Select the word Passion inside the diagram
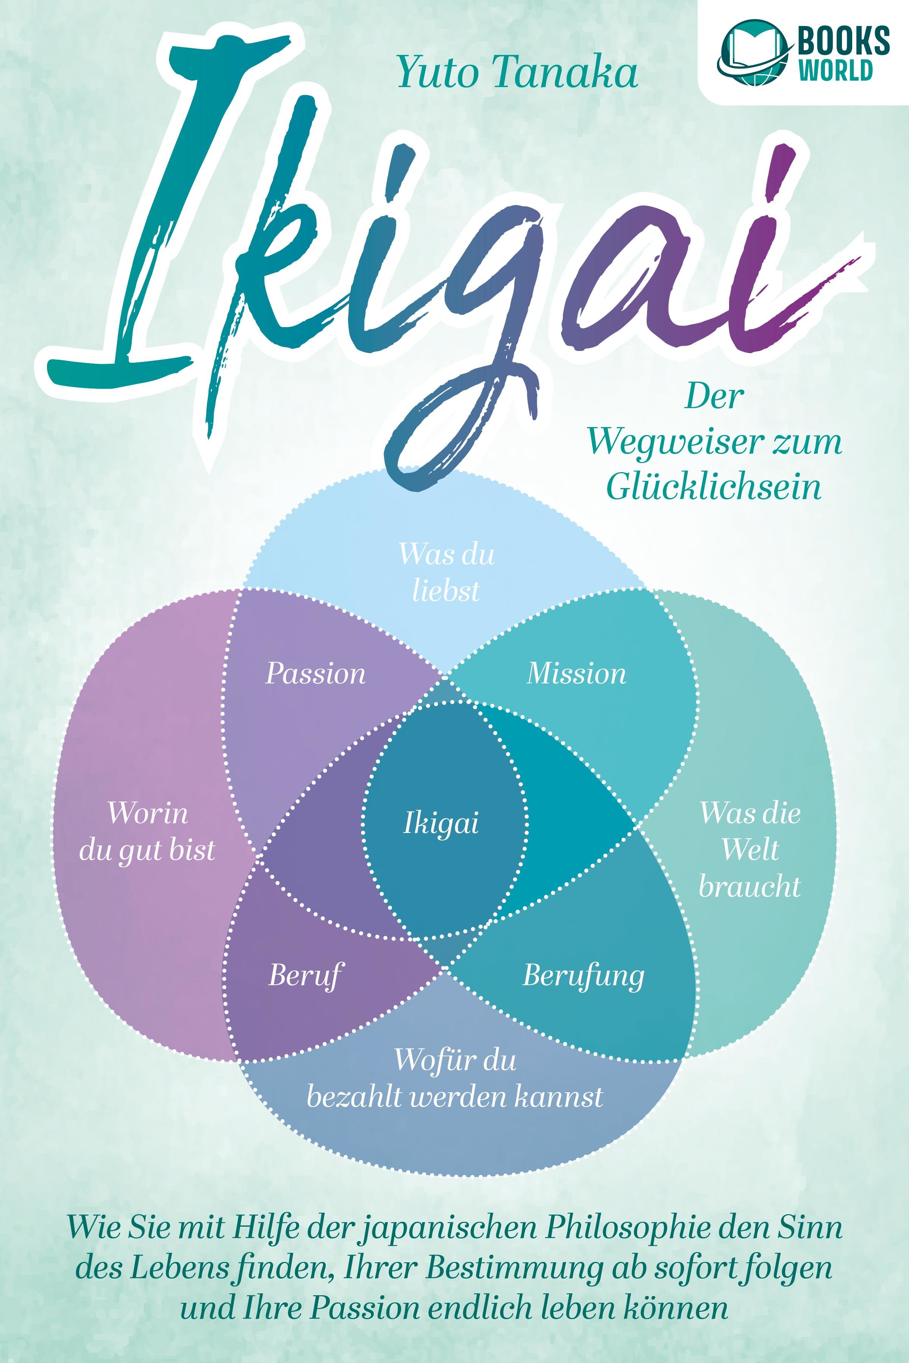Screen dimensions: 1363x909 pyautogui.click(x=315, y=674)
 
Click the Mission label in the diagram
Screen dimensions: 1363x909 pyautogui.click(x=576, y=674)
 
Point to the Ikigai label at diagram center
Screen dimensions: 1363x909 pyautogui.click(x=440, y=823)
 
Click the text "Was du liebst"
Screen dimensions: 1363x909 pyautogui.click(x=447, y=572)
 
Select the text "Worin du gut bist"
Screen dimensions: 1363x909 pyautogui.click(x=147, y=832)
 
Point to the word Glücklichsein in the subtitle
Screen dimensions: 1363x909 pyautogui.click(x=714, y=487)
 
